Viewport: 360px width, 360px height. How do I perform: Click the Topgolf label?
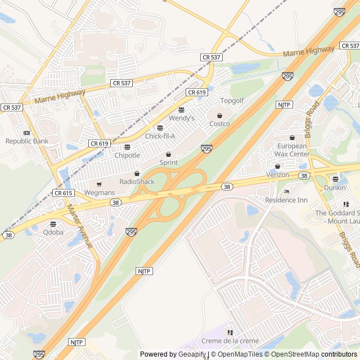pyautogui.click(x=232, y=101)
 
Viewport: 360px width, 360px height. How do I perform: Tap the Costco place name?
pyautogui.click(x=219, y=124)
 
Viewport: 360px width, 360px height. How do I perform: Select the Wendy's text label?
pyautogui.click(x=181, y=118)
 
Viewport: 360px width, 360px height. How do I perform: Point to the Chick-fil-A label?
pyautogui.click(x=160, y=136)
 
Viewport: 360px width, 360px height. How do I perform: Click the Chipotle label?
pyautogui.click(x=127, y=155)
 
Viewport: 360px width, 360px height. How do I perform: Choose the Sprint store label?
pyautogui.click(x=168, y=163)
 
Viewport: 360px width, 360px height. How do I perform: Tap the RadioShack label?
pyautogui.click(x=137, y=182)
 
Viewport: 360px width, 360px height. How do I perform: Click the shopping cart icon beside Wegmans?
pyautogui.click(x=99, y=184)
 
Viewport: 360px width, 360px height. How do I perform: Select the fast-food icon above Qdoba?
pyautogui.click(x=53, y=223)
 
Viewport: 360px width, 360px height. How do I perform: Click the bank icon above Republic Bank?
pyautogui.click(x=26, y=133)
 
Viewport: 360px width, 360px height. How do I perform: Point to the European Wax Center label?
pyautogui.click(x=292, y=150)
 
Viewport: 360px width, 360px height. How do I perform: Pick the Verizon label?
pyautogui.click(x=278, y=175)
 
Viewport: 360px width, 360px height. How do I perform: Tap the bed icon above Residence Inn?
pyautogui.click(x=286, y=192)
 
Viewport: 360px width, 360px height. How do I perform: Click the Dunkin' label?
pyautogui.click(x=335, y=188)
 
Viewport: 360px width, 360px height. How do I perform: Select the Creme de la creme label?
pyautogui.click(x=229, y=341)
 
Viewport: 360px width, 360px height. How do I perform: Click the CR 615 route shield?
pyautogui.click(x=64, y=193)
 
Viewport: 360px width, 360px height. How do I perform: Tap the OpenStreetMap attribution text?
pyautogui.click(x=292, y=354)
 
